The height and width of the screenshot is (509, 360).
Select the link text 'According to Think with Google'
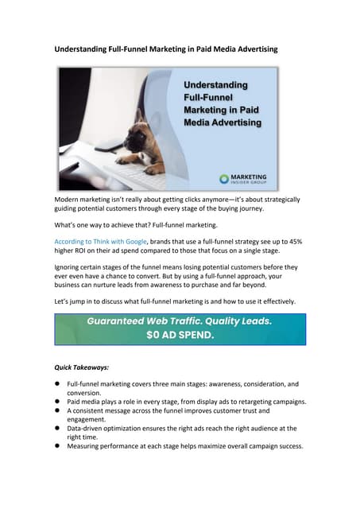tap(99, 240)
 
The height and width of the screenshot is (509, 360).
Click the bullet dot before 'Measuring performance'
tap(58, 446)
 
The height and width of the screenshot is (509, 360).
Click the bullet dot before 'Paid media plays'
tap(58, 402)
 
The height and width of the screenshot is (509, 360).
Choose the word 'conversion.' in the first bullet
tap(84, 393)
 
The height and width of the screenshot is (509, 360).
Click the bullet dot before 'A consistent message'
tap(58, 410)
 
